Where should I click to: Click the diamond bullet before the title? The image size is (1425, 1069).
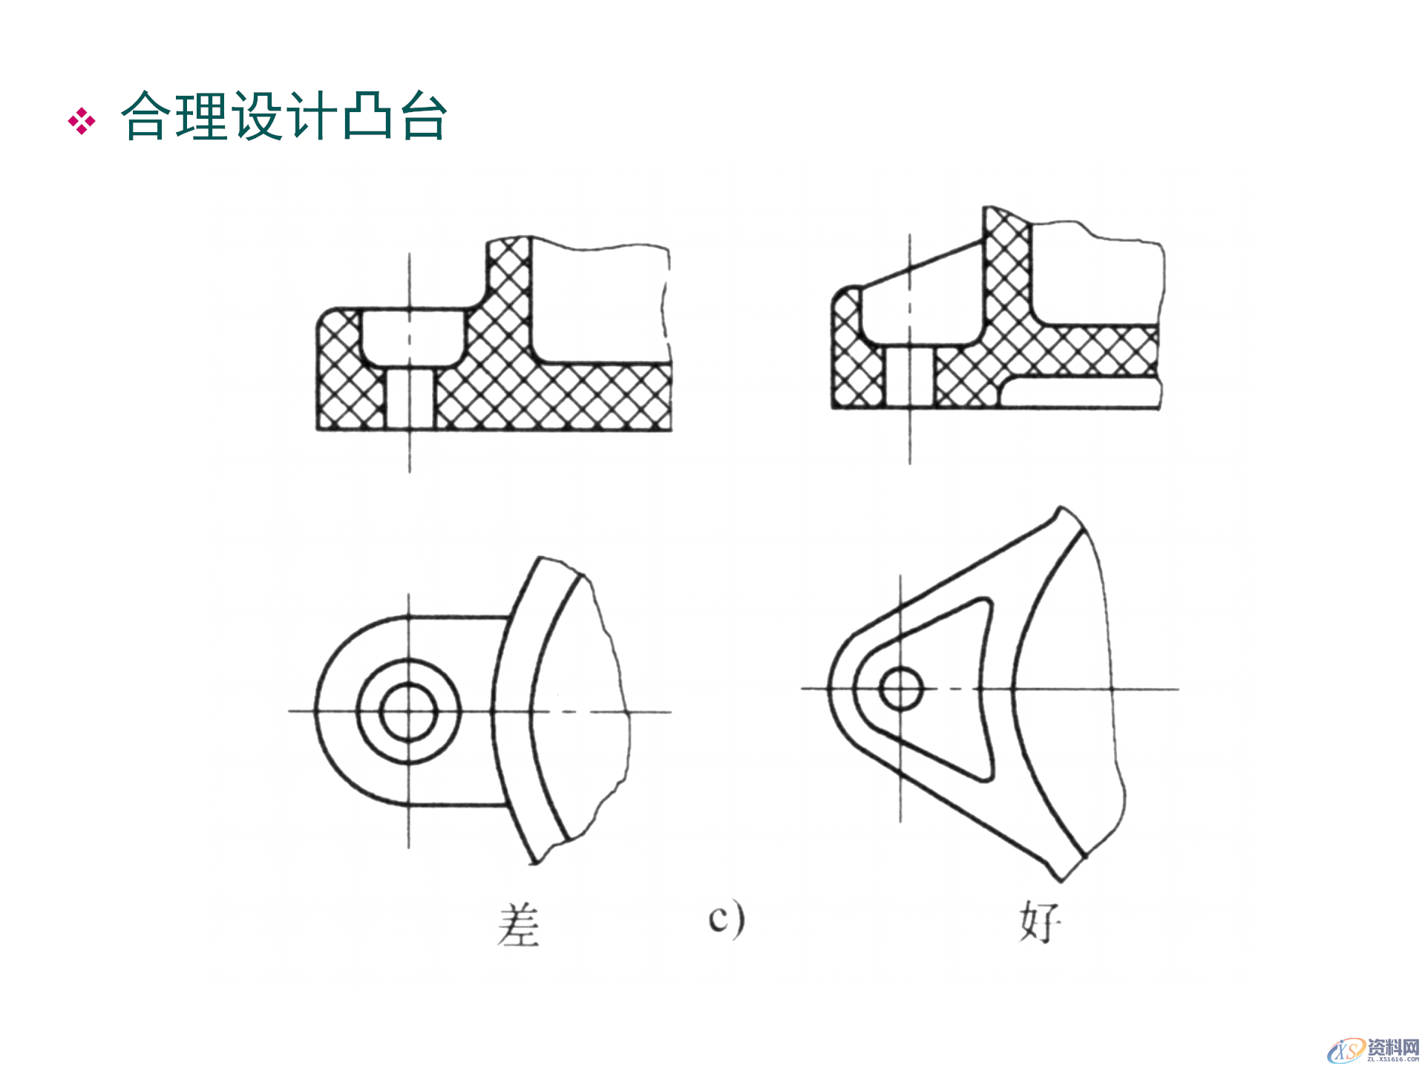pyautogui.click(x=82, y=121)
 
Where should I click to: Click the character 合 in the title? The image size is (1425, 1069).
pyautogui.click(x=146, y=117)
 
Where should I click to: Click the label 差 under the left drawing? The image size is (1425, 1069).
pyautogui.click(x=519, y=925)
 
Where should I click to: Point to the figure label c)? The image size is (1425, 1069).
pyautogui.click(x=726, y=918)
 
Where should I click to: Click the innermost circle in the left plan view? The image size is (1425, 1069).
pyautogui.click(x=408, y=711)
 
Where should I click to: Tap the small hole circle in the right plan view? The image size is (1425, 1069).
pyautogui.click(x=900, y=688)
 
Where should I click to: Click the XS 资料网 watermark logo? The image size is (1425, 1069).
pyautogui.click(x=1373, y=1049)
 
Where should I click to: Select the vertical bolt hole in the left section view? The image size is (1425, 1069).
pyautogui.click(x=410, y=399)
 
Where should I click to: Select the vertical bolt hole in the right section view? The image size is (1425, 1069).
pyautogui.click(x=910, y=377)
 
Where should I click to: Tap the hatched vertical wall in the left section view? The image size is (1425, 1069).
pyautogui.click(x=509, y=297)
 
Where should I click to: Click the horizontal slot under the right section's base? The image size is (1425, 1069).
pyautogui.click(x=1080, y=393)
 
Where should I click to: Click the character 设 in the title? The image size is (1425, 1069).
pyautogui.click(x=257, y=117)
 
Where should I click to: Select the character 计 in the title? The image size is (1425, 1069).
pyautogui.click(x=312, y=117)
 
